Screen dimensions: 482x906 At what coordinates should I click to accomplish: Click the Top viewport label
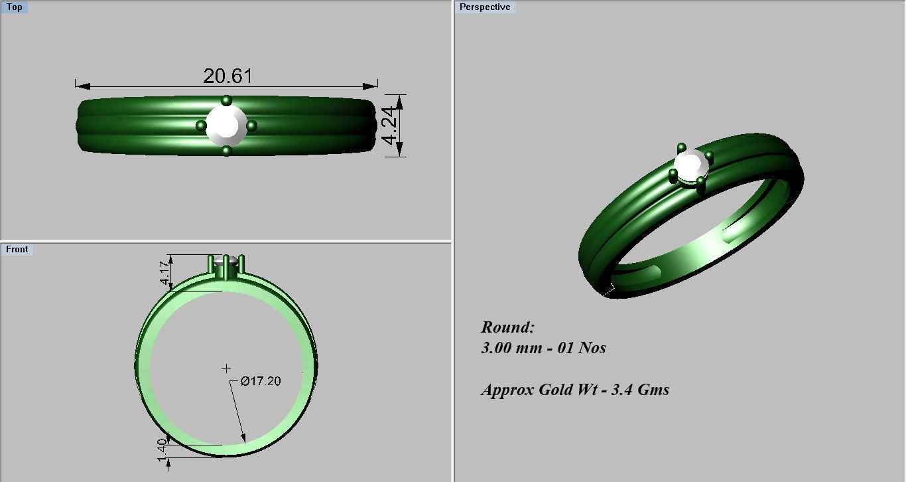(x=14, y=7)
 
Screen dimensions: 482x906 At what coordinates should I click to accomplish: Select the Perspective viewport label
(x=485, y=7)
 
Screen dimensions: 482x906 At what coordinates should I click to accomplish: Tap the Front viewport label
(x=17, y=250)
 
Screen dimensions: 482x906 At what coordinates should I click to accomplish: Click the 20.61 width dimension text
(x=227, y=76)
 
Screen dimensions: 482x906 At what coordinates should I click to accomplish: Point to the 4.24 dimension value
(x=391, y=125)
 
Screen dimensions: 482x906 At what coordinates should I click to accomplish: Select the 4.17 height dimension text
(x=164, y=273)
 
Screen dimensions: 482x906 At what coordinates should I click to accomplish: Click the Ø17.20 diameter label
(x=261, y=381)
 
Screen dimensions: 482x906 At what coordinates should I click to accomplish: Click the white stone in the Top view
(x=226, y=125)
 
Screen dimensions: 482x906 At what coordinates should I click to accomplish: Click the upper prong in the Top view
(x=227, y=101)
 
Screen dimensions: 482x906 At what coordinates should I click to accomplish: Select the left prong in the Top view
(x=201, y=125)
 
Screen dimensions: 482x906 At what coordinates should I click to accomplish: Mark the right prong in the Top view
(x=251, y=125)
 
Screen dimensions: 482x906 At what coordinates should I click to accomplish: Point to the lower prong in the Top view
(x=227, y=151)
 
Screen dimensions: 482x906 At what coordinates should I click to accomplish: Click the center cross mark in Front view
(x=226, y=368)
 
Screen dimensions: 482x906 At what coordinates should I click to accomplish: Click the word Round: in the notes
(x=507, y=327)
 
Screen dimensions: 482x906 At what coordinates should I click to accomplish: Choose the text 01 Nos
(x=583, y=348)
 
